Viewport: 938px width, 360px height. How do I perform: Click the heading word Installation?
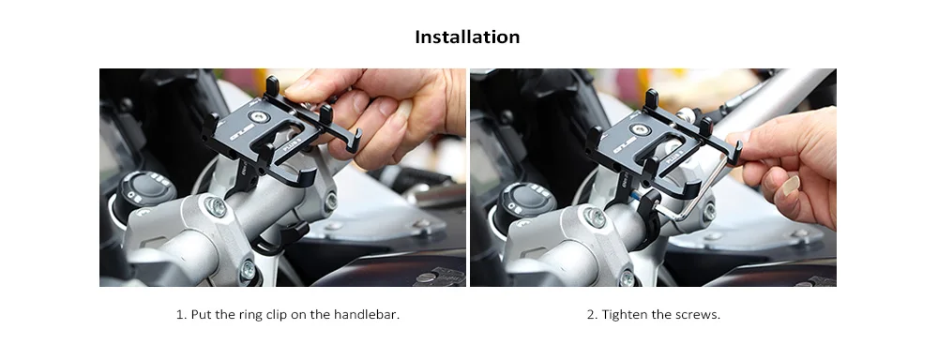(467, 37)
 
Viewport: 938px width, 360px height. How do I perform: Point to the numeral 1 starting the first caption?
(180, 315)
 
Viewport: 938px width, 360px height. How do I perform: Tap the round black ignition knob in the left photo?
(143, 191)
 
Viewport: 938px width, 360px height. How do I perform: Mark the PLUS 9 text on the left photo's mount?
(289, 144)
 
